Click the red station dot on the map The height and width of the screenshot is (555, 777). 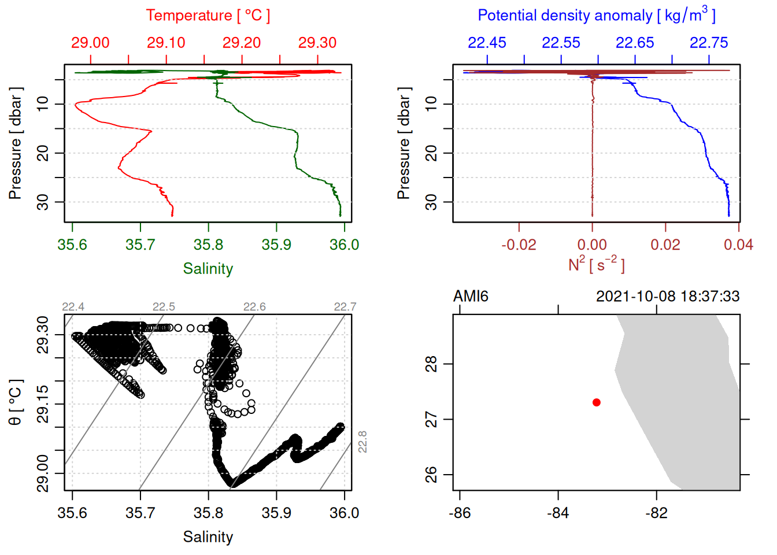tap(596, 402)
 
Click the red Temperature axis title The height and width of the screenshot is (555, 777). tap(208, 16)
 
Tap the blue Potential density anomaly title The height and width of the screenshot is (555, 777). tap(596, 16)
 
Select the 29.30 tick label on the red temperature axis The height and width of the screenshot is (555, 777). tap(317, 43)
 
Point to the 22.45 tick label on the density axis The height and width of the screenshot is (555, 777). tap(487, 43)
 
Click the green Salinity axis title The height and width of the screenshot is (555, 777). tap(208, 269)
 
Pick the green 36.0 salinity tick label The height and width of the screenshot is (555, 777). tap(344, 245)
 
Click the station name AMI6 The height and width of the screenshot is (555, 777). tap(471, 297)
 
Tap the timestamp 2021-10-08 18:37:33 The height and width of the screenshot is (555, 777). tap(668, 297)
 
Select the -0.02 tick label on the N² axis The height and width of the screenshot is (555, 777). tap(519, 245)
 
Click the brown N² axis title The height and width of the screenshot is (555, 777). tap(596, 265)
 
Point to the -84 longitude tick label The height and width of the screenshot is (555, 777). tap(558, 513)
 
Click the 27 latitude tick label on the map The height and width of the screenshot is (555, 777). tap(431, 419)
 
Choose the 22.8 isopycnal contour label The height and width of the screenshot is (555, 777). tap(362, 442)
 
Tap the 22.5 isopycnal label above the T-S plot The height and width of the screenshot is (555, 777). tap(164, 306)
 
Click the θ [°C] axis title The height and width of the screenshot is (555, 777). tap(16, 402)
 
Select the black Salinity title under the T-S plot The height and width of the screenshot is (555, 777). tap(208, 537)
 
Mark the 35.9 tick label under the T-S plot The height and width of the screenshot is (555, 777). tap(276, 513)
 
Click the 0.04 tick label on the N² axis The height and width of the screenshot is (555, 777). tap(738, 245)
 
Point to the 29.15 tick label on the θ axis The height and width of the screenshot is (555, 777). tap(43, 404)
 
